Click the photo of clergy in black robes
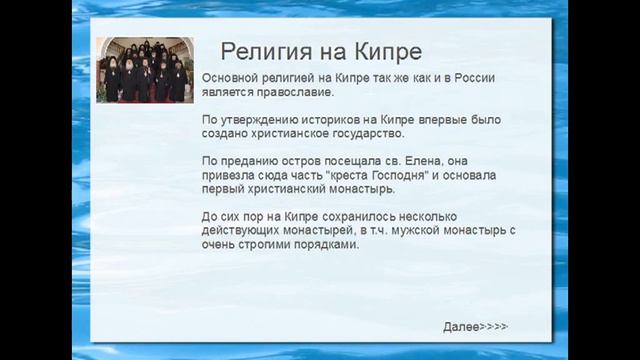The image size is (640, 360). [142, 70]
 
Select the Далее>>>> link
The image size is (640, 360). [476, 327]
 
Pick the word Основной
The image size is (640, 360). [232, 77]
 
